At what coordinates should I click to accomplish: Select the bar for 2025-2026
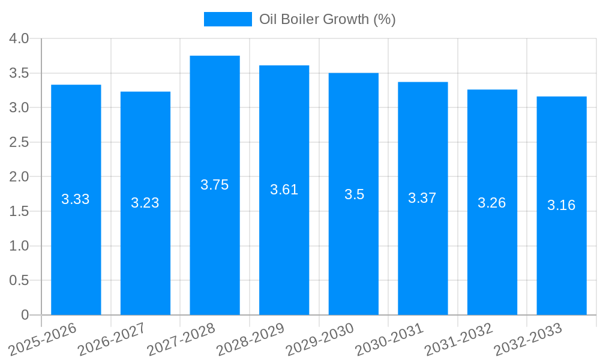pos(76,252)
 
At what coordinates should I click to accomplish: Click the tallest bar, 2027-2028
pos(215,252)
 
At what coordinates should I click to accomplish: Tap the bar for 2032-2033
pos(562,258)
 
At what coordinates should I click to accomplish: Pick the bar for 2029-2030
pos(353,252)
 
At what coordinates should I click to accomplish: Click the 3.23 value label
pos(145,203)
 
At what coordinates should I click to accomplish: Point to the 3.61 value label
pos(284,190)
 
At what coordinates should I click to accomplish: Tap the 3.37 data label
pos(422,198)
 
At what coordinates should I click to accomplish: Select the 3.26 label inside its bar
pos(492,203)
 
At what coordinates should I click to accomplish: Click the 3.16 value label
pos(562,205)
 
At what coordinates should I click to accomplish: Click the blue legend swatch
pos(227,19)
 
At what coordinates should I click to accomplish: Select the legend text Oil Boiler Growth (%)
pos(327,19)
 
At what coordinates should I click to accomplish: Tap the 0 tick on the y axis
pos(25,315)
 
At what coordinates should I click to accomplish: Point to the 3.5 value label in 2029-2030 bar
pos(354,194)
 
